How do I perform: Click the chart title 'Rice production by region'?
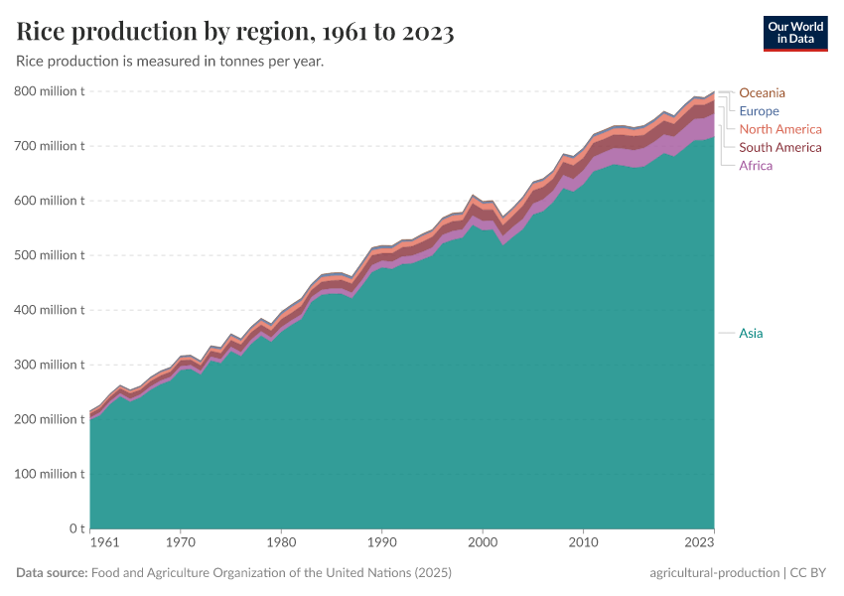[235, 32]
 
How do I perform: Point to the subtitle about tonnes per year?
[170, 62]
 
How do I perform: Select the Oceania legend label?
[762, 93]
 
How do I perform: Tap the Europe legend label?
[759, 111]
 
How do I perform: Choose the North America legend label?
[780, 129]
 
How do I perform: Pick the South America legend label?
[780, 147]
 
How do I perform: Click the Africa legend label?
[756, 165]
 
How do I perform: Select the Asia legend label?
[751, 333]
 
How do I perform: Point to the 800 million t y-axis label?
[50, 91]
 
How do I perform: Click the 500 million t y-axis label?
[50, 255]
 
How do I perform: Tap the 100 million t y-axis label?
[50, 474]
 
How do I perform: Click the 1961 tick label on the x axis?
[104, 543]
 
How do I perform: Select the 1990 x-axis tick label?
[381, 543]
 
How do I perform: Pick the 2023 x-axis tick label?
[698, 543]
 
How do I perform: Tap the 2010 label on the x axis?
[583, 543]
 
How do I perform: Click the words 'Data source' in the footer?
[52, 573]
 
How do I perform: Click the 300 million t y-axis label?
[50, 365]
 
